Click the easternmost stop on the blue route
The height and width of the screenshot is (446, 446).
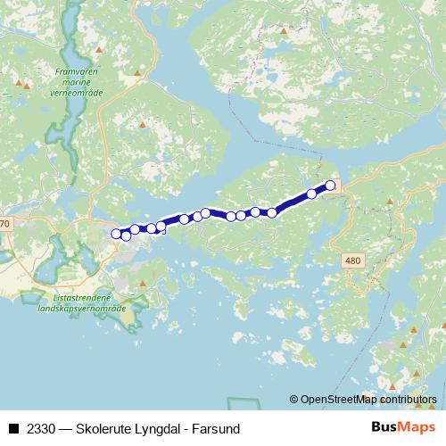coord(330,186)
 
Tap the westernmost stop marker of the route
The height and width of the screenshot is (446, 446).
coord(116,234)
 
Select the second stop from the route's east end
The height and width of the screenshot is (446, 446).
coord(312,194)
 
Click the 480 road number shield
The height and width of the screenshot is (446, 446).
coord(354,259)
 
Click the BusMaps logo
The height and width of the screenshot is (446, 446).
coord(404,428)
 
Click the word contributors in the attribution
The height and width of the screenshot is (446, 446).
coord(409,400)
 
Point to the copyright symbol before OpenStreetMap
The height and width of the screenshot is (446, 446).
coord(294,400)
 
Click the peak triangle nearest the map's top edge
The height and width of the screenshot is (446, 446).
coord(284,31)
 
